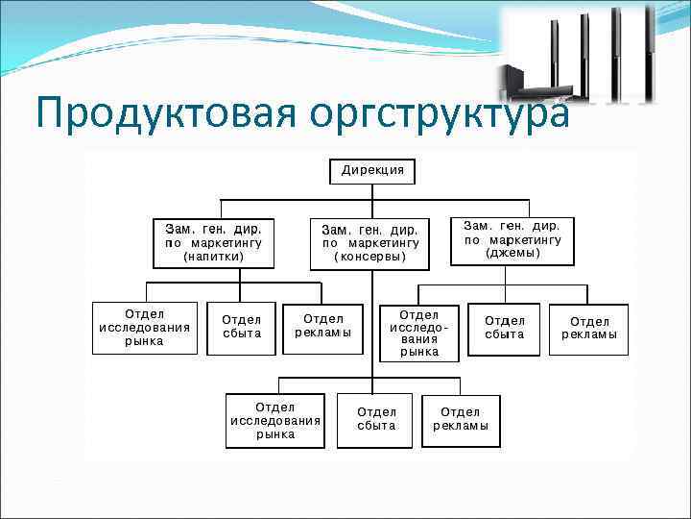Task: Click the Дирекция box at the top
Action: click(372, 172)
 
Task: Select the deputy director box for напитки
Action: click(213, 243)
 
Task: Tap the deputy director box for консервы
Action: click(369, 243)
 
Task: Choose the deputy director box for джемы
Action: click(512, 239)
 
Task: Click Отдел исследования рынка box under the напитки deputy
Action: click(144, 328)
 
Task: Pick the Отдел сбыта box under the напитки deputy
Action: click(241, 328)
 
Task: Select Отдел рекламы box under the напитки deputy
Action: click(323, 327)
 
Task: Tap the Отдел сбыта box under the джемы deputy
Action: click(504, 329)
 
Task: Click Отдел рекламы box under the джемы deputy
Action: click(588, 329)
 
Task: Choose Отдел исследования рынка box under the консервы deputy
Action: click(275, 421)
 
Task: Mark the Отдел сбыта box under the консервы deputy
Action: click(376, 419)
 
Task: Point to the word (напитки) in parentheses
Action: click(213, 258)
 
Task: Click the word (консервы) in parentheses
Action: click(370, 258)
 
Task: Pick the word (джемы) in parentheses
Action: click(512, 254)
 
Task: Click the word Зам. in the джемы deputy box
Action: click(478, 224)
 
